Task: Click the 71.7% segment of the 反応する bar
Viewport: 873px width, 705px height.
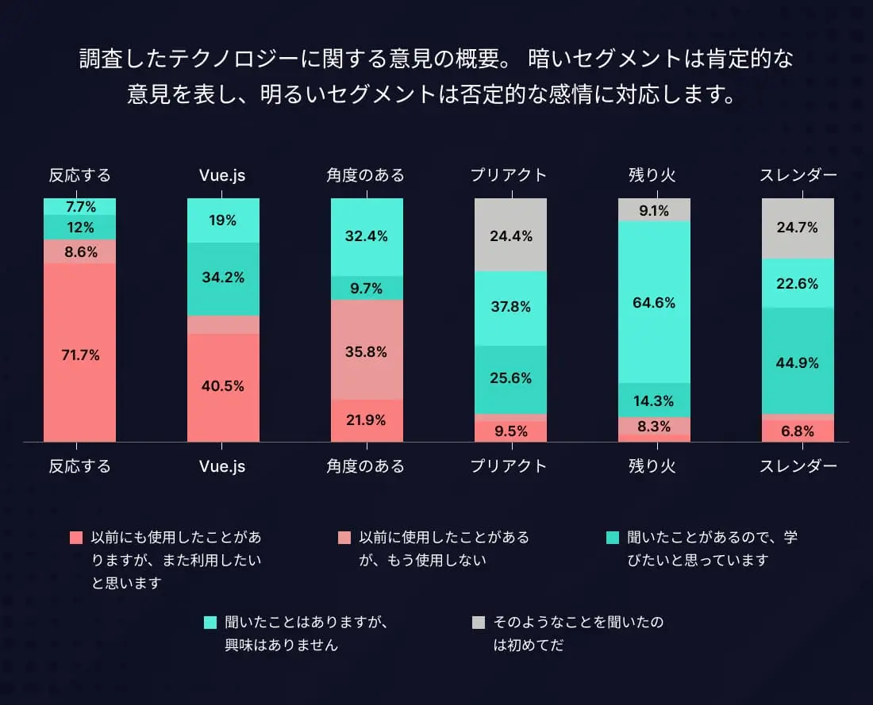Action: point(79,354)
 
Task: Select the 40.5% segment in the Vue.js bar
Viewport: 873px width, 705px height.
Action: point(223,386)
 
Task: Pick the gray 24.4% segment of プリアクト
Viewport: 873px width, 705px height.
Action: point(510,236)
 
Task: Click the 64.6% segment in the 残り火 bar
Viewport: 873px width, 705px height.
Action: point(654,303)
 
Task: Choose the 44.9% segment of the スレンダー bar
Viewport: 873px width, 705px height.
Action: point(798,362)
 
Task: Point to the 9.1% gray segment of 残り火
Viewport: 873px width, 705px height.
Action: point(654,211)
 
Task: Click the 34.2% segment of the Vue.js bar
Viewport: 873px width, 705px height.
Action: point(223,278)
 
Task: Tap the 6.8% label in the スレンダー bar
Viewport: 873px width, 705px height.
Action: point(798,431)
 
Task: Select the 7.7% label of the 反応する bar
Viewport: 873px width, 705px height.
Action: point(80,207)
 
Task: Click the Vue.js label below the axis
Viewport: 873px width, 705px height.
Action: point(223,466)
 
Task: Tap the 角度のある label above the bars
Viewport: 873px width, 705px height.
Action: point(366,175)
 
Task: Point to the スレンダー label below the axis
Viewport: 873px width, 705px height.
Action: point(798,466)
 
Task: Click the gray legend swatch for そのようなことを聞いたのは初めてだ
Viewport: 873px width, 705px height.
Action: point(478,623)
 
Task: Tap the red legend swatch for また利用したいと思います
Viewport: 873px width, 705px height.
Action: point(76,538)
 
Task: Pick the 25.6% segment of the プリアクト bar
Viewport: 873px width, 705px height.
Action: point(510,378)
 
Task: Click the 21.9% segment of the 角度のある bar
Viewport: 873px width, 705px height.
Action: point(367,420)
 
